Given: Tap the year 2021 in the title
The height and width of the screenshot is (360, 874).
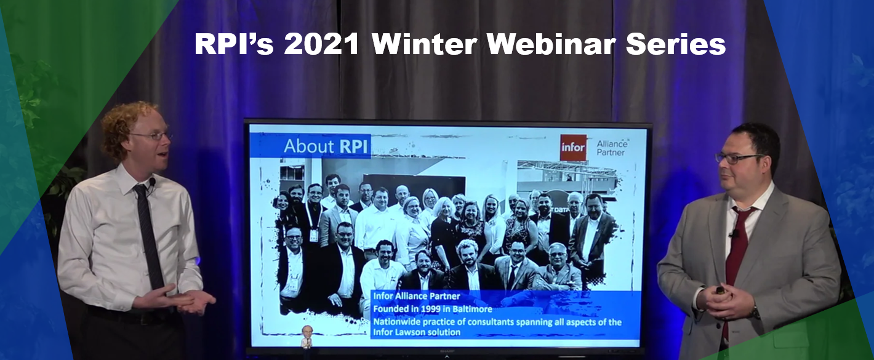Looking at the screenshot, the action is pyautogui.click(x=321, y=44).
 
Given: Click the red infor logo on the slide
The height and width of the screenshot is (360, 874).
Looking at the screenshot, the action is pyautogui.click(x=573, y=148).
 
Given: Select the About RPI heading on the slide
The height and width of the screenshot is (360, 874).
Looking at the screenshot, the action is pyautogui.click(x=326, y=146).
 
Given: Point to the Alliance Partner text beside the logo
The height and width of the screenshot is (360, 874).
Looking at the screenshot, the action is pyautogui.click(x=612, y=148).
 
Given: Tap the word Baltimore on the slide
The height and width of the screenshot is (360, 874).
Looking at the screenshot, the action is pyautogui.click(x=471, y=310).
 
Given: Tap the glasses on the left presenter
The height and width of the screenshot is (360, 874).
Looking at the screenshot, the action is pyautogui.click(x=152, y=136).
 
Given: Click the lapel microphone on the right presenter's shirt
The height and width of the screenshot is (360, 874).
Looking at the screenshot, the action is pyautogui.click(x=734, y=234).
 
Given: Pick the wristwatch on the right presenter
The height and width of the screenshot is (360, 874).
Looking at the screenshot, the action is pyautogui.click(x=755, y=311).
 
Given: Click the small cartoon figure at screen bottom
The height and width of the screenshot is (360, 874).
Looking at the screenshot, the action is pyautogui.click(x=308, y=337).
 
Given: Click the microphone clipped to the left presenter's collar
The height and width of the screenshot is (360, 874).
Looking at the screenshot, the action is pyautogui.click(x=152, y=182).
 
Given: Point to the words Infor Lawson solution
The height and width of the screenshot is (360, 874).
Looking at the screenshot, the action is pyautogui.click(x=417, y=332).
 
